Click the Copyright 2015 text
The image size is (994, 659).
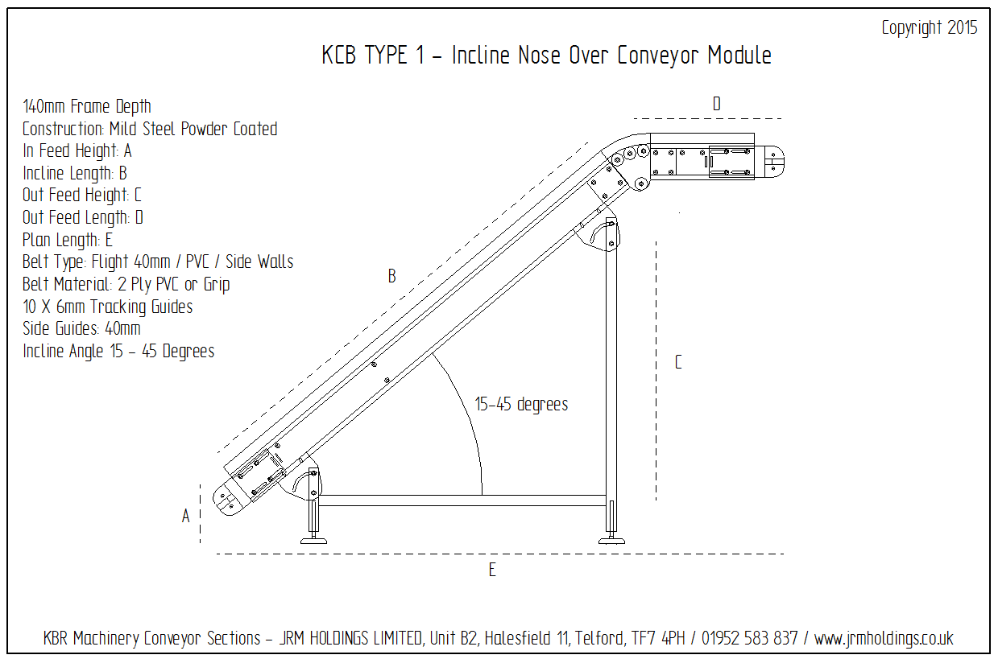coord(929,28)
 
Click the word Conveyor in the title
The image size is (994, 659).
coord(659,56)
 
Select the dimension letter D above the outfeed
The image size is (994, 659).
coord(716,104)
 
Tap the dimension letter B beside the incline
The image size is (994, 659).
coord(391,277)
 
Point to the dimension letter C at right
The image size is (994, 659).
coord(677,362)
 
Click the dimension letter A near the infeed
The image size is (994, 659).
coord(185,517)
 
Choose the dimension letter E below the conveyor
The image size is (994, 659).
coord(491,570)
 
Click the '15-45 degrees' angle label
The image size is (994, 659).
coord(521,405)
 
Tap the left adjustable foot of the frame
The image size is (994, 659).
coord(313,533)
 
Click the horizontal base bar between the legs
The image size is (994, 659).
coord(463,500)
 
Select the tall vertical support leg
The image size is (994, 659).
coord(611,370)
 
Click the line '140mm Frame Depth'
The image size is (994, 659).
coord(87,106)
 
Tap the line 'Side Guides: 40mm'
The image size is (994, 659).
coord(81,329)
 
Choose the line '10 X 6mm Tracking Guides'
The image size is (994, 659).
coord(108,307)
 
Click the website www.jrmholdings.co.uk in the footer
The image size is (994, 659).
coord(884,639)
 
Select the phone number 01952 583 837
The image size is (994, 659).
coord(749,639)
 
